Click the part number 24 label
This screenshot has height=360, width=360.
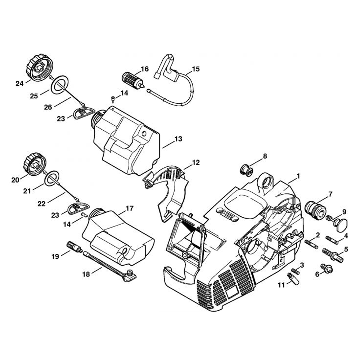pos(19,84)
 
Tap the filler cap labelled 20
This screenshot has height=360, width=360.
pos(35,165)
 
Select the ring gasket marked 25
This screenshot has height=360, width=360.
pos(59,85)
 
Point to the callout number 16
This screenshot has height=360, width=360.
pos(144,69)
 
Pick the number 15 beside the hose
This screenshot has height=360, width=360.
pos(195,69)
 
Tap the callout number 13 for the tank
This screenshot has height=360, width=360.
pos(178,139)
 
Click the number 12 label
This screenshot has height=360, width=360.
pos(195,162)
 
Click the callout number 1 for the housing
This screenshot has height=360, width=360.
pos(298,176)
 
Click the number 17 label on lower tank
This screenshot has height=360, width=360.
pos(129,208)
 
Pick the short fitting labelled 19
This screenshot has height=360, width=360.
pos(74,247)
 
